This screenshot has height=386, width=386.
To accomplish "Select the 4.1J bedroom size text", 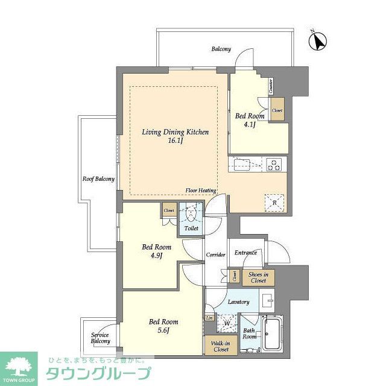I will [250, 125].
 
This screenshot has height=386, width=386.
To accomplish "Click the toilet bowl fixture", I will [191, 215].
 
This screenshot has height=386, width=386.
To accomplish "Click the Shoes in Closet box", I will [258, 277].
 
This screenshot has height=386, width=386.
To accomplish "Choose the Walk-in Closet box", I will [220, 346].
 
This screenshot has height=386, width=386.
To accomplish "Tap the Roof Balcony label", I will [98, 179].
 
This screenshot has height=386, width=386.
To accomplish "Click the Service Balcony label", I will [101, 338].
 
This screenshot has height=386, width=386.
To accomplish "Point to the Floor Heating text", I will [201, 191].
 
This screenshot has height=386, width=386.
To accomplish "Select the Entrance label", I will [246, 253].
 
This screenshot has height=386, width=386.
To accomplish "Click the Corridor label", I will [215, 255].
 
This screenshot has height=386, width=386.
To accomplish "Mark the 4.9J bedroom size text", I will [156, 256].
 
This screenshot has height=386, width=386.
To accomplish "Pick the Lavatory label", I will [239, 302].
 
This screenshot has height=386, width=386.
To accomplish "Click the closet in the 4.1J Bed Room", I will [277, 111].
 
